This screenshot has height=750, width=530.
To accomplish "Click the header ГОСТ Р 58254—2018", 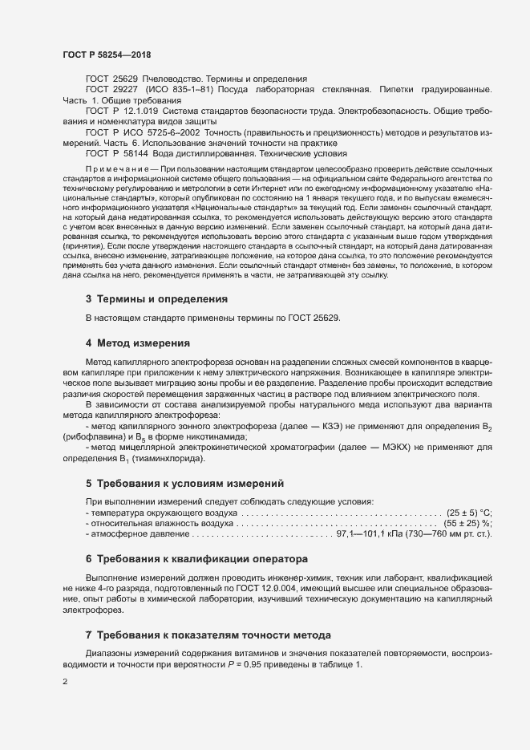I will (106, 55).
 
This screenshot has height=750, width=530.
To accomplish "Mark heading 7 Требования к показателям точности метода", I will (208, 613).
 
